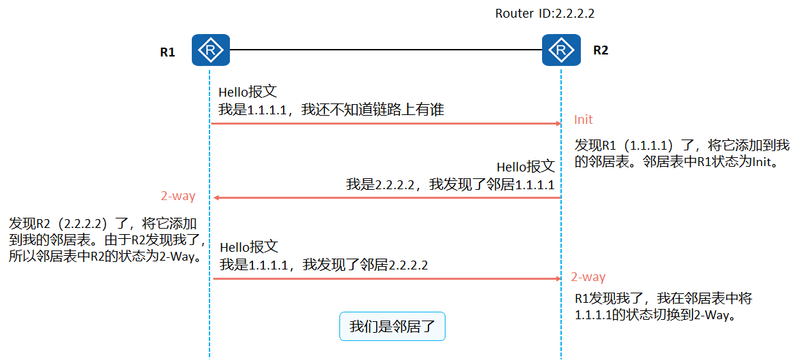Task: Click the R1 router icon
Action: pos(211,50)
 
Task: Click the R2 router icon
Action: pos(561,50)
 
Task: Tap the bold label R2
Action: pos(601,50)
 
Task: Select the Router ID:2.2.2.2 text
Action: pos(540,13)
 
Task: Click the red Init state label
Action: pos(584,120)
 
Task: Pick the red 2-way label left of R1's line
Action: pos(178,196)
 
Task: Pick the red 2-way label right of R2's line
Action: pos(588,277)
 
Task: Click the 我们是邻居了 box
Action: pos(392,326)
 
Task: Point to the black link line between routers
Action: pos(386,50)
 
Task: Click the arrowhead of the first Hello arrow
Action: pos(556,124)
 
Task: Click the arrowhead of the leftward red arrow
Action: pos(216,197)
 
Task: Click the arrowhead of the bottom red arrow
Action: pos(556,278)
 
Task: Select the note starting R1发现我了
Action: pos(663,307)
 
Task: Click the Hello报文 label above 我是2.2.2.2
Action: pos(525,167)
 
